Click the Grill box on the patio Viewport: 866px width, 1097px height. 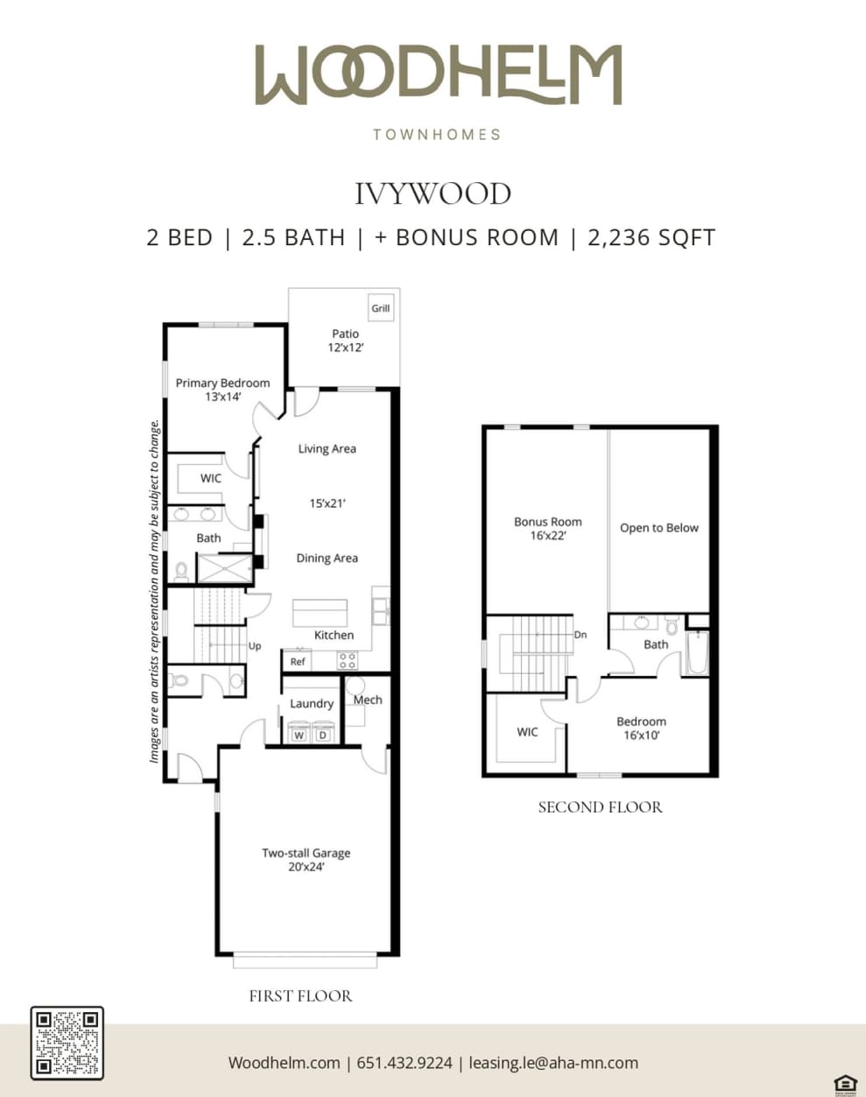pyautogui.click(x=381, y=308)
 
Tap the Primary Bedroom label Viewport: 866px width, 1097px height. pyautogui.click(x=222, y=383)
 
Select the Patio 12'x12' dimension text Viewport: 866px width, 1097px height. pyautogui.click(x=345, y=348)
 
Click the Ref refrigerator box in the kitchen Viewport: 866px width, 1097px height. pyautogui.click(x=298, y=661)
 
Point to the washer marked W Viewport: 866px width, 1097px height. pyautogui.click(x=299, y=735)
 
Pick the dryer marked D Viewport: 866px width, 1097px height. pyautogui.click(x=322, y=735)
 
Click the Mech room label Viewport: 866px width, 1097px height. pyautogui.click(x=368, y=700)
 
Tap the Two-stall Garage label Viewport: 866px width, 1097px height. pyautogui.click(x=306, y=853)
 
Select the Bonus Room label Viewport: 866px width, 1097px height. pyautogui.click(x=547, y=522)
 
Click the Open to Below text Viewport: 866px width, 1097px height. pyautogui.click(x=658, y=528)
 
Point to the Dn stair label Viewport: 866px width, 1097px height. pyautogui.click(x=580, y=635)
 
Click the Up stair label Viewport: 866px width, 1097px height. pyautogui.click(x=255, y=646)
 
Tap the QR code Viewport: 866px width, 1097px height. pyautogui.click(x=67, y=1043)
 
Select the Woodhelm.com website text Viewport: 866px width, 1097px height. pyautogui.click(x=284, y=1063)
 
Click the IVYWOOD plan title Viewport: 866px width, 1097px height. pyautogui.click(x=433, y=193)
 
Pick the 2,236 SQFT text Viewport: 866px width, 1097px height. pyautogui.click(x=651, y=237)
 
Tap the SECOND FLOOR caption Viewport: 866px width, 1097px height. pyautogui.click(x=600, y=807)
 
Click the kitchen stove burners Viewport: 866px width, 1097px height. pyautogui.click(x=347, y=660)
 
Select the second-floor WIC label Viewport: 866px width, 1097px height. pyautogui.click(x=527, y=732)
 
